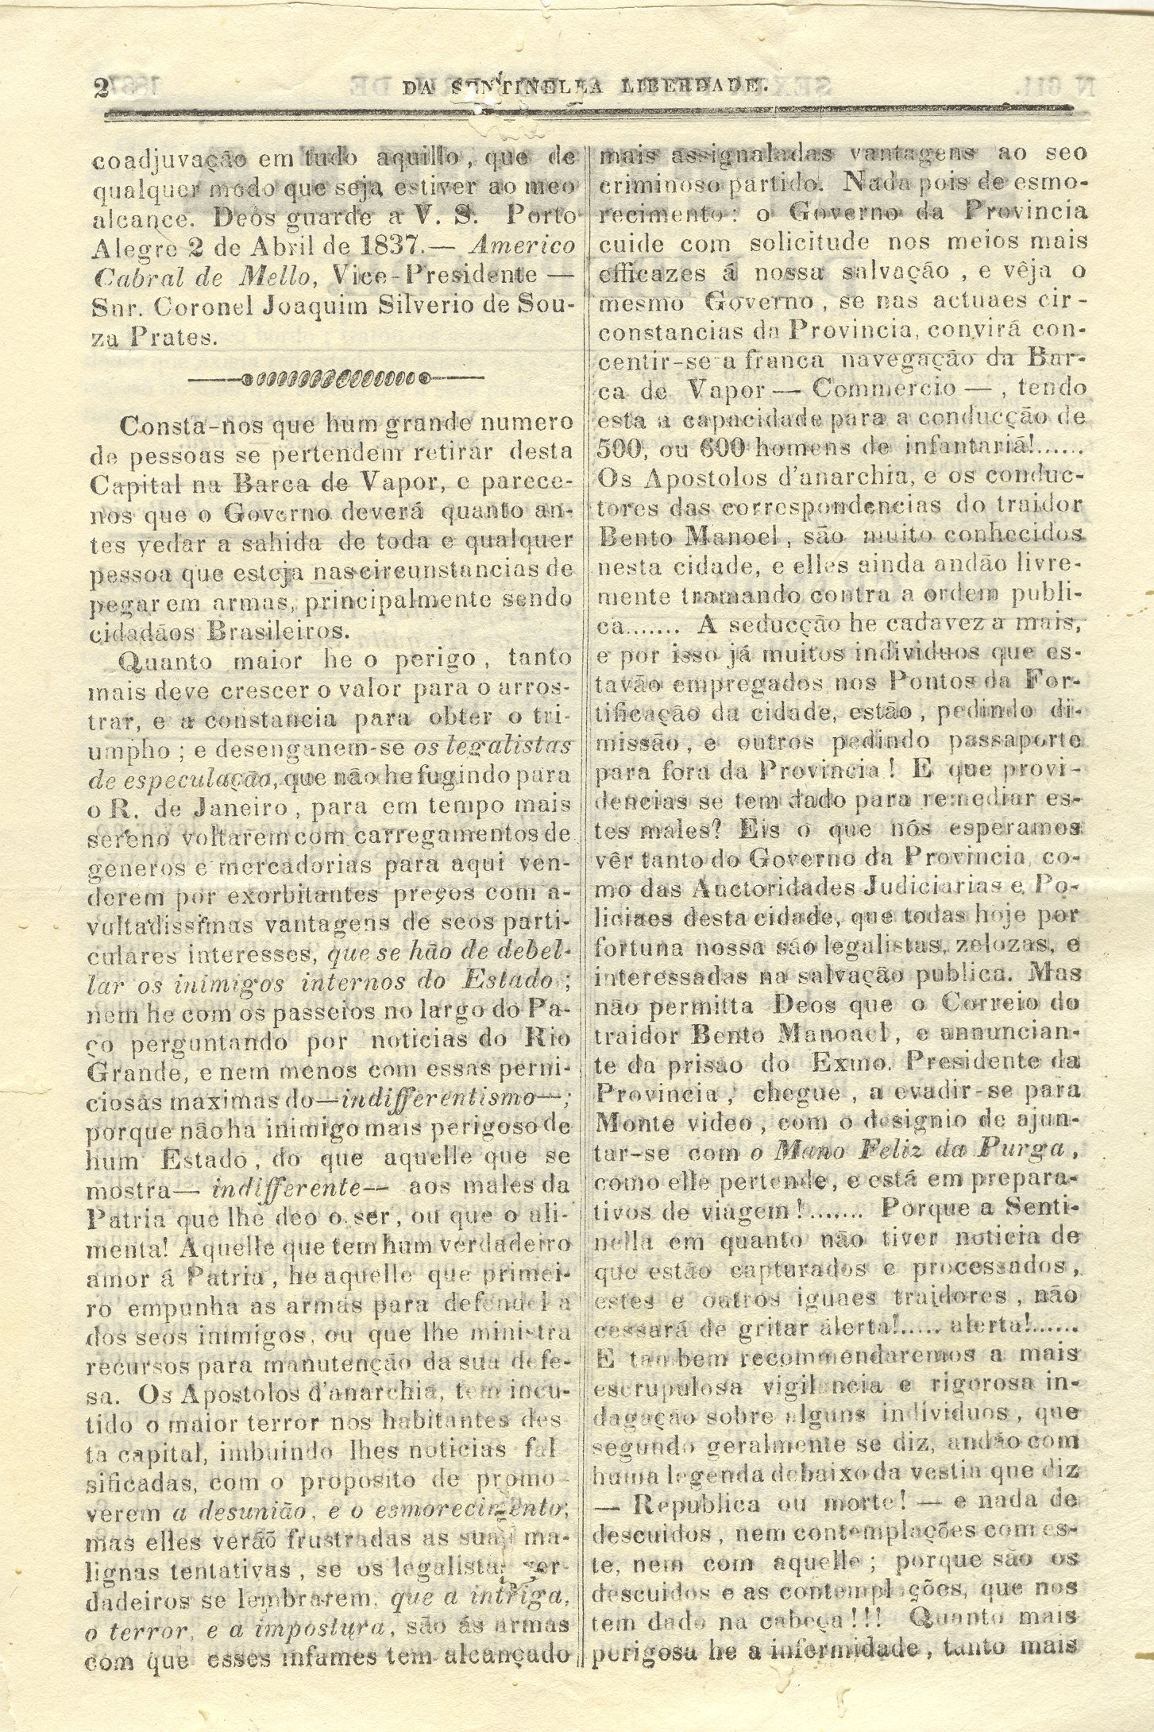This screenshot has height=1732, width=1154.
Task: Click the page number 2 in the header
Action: coord(100,88)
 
